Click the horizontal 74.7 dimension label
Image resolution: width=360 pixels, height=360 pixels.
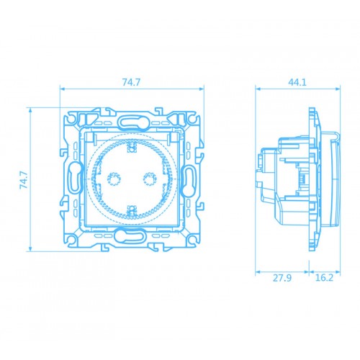pos(130,82)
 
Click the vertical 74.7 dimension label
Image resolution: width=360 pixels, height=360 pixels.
pos(23,179)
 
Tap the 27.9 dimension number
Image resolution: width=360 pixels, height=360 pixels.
pos(283,277)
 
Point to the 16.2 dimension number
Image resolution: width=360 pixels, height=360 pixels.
pos(324,277)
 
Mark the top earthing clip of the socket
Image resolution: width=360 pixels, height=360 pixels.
pos(132,148)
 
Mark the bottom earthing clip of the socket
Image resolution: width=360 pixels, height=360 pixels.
pos(132,210)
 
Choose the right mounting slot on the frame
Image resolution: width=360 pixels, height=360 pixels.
pos(190,178)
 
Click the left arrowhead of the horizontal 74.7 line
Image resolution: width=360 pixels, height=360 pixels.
pos(63,90)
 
